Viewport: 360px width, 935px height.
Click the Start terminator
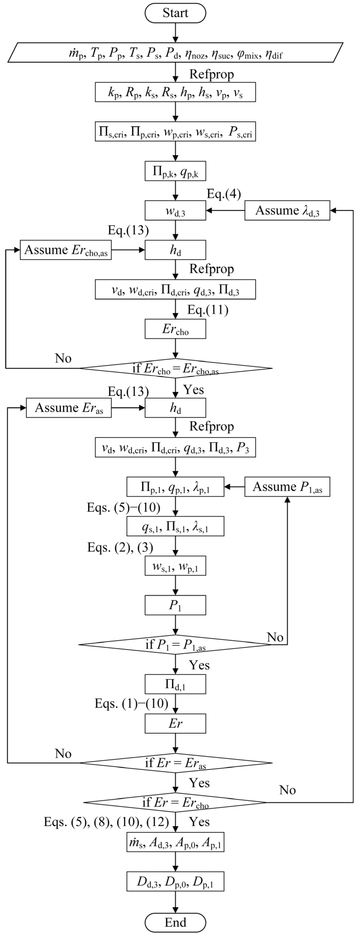point(175,13)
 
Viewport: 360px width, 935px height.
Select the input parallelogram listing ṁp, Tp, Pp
point(175,53)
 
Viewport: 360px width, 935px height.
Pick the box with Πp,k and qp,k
point(175,171)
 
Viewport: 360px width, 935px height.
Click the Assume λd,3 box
point(287,211)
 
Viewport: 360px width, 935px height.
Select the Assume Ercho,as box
point(66,250)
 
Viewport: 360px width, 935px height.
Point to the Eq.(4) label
point(223,194)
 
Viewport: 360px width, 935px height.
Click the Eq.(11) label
point(208,310)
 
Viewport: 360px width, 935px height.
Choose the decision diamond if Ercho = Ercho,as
point(175,368)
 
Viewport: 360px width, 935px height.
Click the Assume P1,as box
point(287,487)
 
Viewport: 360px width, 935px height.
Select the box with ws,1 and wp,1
point(175,566)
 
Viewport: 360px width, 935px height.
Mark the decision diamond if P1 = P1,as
point(175,645)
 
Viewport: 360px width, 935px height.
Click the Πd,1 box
point(175,684)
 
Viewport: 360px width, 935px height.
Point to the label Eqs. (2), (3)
point(120,547)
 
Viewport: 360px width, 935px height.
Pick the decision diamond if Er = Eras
point(175,763)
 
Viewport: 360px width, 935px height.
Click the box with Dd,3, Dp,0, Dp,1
point(175,881)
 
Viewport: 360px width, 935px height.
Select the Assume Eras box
point(69,408)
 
